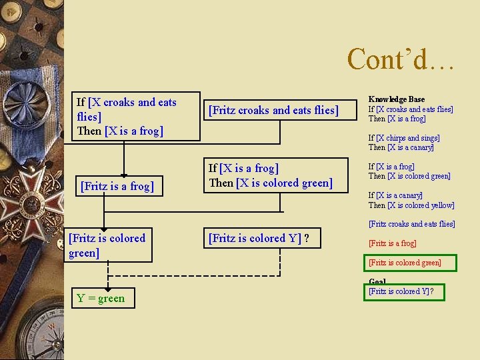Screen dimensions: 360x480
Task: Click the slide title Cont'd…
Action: [x=401, y=59]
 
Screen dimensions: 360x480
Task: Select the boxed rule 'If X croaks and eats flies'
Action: [x=136, y=116]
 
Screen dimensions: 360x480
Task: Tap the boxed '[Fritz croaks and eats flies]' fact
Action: [x=273, y=110]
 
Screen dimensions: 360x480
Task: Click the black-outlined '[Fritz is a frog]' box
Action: [x=117, y=186]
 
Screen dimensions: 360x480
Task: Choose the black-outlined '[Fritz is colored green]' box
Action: [x=109, y=245]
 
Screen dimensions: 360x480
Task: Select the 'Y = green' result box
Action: [x=101, y=298]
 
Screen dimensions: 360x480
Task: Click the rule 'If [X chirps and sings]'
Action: [x=404, y=138]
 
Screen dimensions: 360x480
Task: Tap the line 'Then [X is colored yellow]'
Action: [x=411, y=205]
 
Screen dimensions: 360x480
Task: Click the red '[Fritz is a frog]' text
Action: [x=392, y=243]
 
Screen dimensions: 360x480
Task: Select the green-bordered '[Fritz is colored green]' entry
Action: [x=405, y=263]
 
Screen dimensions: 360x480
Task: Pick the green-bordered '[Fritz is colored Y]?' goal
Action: [x=405, y=291]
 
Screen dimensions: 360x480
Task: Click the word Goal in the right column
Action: [x=377, y=282]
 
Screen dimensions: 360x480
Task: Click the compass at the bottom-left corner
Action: [x=30, y=330]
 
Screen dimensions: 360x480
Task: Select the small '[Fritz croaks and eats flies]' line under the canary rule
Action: [x=411, y=224]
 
